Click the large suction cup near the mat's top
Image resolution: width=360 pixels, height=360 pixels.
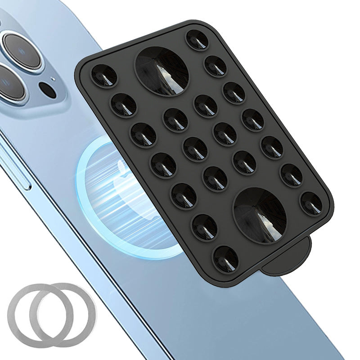pos(162,71)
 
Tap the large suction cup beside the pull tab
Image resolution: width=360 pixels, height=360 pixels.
pos(261,216)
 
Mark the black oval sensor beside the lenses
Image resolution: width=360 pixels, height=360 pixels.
pos(47,90)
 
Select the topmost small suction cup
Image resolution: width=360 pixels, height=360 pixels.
pos(197,40)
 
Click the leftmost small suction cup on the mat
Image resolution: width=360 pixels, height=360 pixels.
pos(104,76)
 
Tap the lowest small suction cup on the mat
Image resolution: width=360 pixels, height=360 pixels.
pos(225,259)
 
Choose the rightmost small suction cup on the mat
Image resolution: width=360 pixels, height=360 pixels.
pos(312,203)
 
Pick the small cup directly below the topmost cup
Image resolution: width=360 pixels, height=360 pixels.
pos(216,66)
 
